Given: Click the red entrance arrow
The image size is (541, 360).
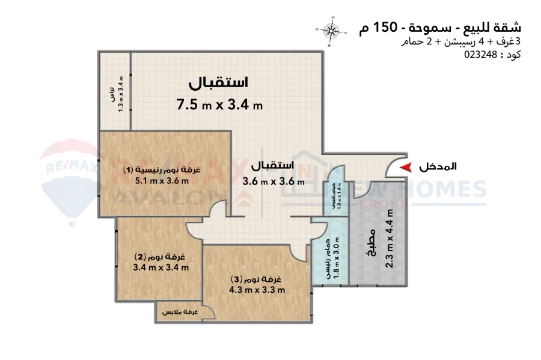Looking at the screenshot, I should pyautogui.click(x=407, y=166).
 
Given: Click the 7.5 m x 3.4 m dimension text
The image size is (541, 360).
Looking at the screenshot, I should pyautogui.click(x=219, y=105).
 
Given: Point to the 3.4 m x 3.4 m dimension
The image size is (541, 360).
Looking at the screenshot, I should pyautogui.click(x=161, y=267).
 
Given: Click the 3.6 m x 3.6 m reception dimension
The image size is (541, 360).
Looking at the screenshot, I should pyautogui.click(x=274, y=180).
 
